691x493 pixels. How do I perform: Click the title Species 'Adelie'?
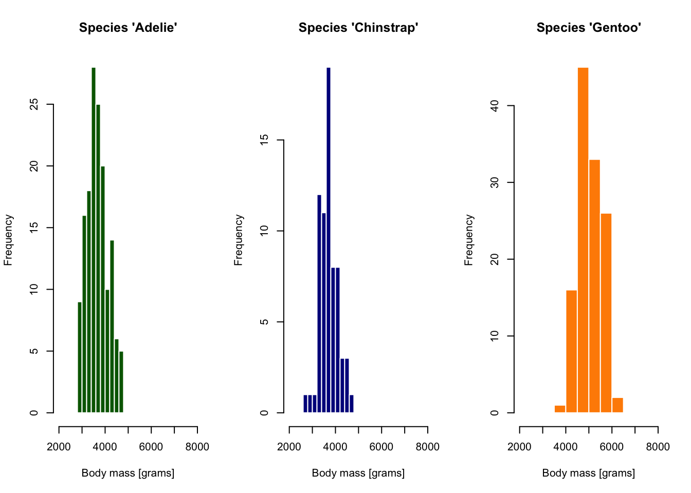tap(128, 28)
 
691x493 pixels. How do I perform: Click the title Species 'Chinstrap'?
tap(358, 28)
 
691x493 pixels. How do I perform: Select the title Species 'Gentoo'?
tap(589, 28)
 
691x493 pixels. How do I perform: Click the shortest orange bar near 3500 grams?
tap(560, 409)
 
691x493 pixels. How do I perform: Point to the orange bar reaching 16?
tap(571, 351)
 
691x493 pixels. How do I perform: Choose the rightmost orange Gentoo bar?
tap(617, 405)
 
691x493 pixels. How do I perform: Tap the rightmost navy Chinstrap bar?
tap(352, 404)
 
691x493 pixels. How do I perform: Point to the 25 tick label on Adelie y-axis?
tap(34, 105)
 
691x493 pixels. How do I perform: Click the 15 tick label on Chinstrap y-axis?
tap(264, 140)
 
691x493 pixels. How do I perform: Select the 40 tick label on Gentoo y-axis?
tap(495, 106)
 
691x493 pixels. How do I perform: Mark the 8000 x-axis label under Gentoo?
tap(658, 447)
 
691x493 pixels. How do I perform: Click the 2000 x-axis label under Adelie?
tap(59, 447)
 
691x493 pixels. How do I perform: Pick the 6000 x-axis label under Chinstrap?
tap(381, 447)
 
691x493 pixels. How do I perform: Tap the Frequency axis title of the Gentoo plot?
tap(468, 240)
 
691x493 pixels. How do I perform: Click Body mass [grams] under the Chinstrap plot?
tap(358, 473)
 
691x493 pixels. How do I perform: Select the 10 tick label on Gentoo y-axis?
tap(495, 336)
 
